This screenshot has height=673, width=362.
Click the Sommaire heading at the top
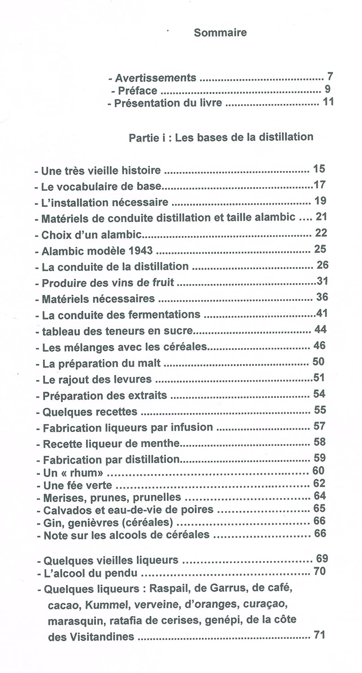pyautogui.click(x=220, y=33)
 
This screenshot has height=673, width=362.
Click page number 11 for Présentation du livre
pyautogui.click(x=328, y=102)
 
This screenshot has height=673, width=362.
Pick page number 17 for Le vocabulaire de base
pyautogui.click(x=319, y=185)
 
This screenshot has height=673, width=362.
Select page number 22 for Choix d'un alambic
pyautogui.click(x=321, y=233)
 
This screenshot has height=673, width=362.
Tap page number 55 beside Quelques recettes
pyautogui.click(x=320, y=410)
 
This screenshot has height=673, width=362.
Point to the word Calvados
pyautogui.click(x=62, y=510)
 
